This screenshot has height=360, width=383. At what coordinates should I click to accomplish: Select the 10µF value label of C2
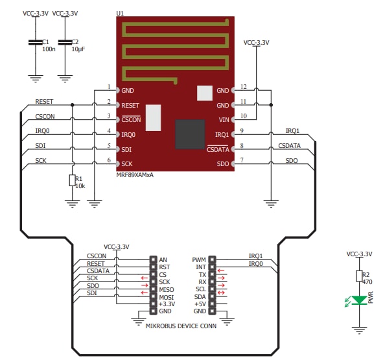point(78,49)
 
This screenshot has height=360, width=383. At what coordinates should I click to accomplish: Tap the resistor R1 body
point(71,179)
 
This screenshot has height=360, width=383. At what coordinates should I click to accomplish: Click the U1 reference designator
point(120,14)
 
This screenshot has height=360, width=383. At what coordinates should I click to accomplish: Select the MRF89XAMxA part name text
point(135,174)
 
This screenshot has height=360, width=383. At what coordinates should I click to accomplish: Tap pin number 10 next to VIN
point(243,116)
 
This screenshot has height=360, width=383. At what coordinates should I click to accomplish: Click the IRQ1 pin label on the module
point(222,134)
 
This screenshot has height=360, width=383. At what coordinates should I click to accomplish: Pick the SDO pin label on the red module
point(223,163)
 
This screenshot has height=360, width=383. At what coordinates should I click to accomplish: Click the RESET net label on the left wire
point(45,102)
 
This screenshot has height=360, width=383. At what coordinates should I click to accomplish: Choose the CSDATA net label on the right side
point(289,146)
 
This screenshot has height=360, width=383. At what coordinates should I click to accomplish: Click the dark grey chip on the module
point(190,134)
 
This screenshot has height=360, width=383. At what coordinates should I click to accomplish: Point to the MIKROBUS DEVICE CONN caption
point(181,326)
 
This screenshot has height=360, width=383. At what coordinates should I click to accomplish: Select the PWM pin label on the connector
point(199,259)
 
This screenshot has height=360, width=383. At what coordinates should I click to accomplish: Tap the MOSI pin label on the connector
point(167,296)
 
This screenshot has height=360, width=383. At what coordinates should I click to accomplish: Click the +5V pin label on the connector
point(200,304)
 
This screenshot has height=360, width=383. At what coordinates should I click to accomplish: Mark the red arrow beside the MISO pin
point(144,289)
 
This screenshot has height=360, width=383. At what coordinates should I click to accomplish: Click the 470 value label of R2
point(366,282)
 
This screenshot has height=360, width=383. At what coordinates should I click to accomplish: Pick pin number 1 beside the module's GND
point(110,86)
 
